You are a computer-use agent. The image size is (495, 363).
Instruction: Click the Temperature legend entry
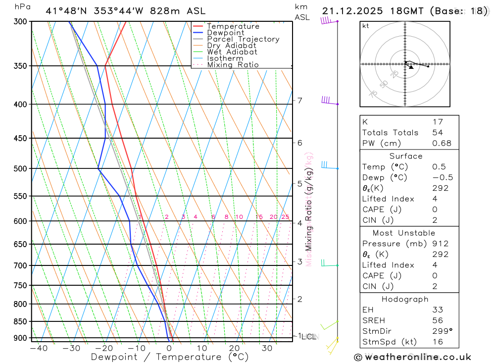coord(233,26)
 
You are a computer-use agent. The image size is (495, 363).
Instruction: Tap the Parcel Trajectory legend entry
coord(243,39)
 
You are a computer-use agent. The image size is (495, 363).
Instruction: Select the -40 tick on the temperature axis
coord(39,348)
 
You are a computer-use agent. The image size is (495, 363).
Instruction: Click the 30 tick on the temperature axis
coord(267,348)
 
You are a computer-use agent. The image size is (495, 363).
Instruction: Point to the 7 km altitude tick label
coord(299,101)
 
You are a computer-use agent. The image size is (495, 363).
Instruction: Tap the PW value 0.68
coord(442,143)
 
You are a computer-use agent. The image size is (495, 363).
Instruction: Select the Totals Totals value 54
coord(438,132)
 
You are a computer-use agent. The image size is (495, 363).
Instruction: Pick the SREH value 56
coord(438,320)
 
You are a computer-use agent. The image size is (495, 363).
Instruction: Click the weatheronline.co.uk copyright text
coord(413,357)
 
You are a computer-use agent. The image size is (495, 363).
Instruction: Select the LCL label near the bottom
coord(309,337)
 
